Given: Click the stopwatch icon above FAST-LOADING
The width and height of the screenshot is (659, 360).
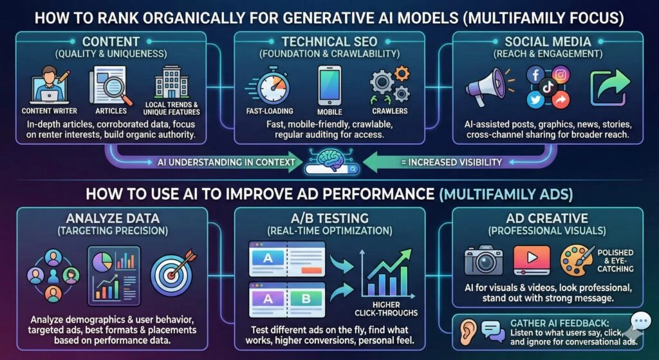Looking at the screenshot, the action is (273, 86).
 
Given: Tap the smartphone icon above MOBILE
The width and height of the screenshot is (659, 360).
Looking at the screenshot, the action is (329, 87).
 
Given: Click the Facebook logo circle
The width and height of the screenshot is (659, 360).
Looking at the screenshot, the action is (535, 75).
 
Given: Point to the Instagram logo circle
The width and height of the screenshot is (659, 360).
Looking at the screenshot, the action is (561, 75).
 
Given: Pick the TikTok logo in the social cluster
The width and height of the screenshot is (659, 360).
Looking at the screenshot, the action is (548, 87).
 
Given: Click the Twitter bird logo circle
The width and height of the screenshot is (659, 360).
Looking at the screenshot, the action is (535, 99).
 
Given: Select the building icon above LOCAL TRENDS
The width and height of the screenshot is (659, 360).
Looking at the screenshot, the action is (171, 83).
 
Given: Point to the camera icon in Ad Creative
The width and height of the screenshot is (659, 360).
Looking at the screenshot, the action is (483, 260).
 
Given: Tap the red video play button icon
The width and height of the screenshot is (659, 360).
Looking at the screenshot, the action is (532, 260).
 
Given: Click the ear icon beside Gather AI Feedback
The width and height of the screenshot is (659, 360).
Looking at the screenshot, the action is (467, 330).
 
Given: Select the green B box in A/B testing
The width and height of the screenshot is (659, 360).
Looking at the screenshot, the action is (306, 299).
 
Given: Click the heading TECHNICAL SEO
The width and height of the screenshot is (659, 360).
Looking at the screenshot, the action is (329, 42).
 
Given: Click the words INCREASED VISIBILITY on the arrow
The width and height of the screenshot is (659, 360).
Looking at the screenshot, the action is (456, 162).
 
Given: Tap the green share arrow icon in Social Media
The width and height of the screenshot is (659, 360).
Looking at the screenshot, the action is (610, 88).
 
